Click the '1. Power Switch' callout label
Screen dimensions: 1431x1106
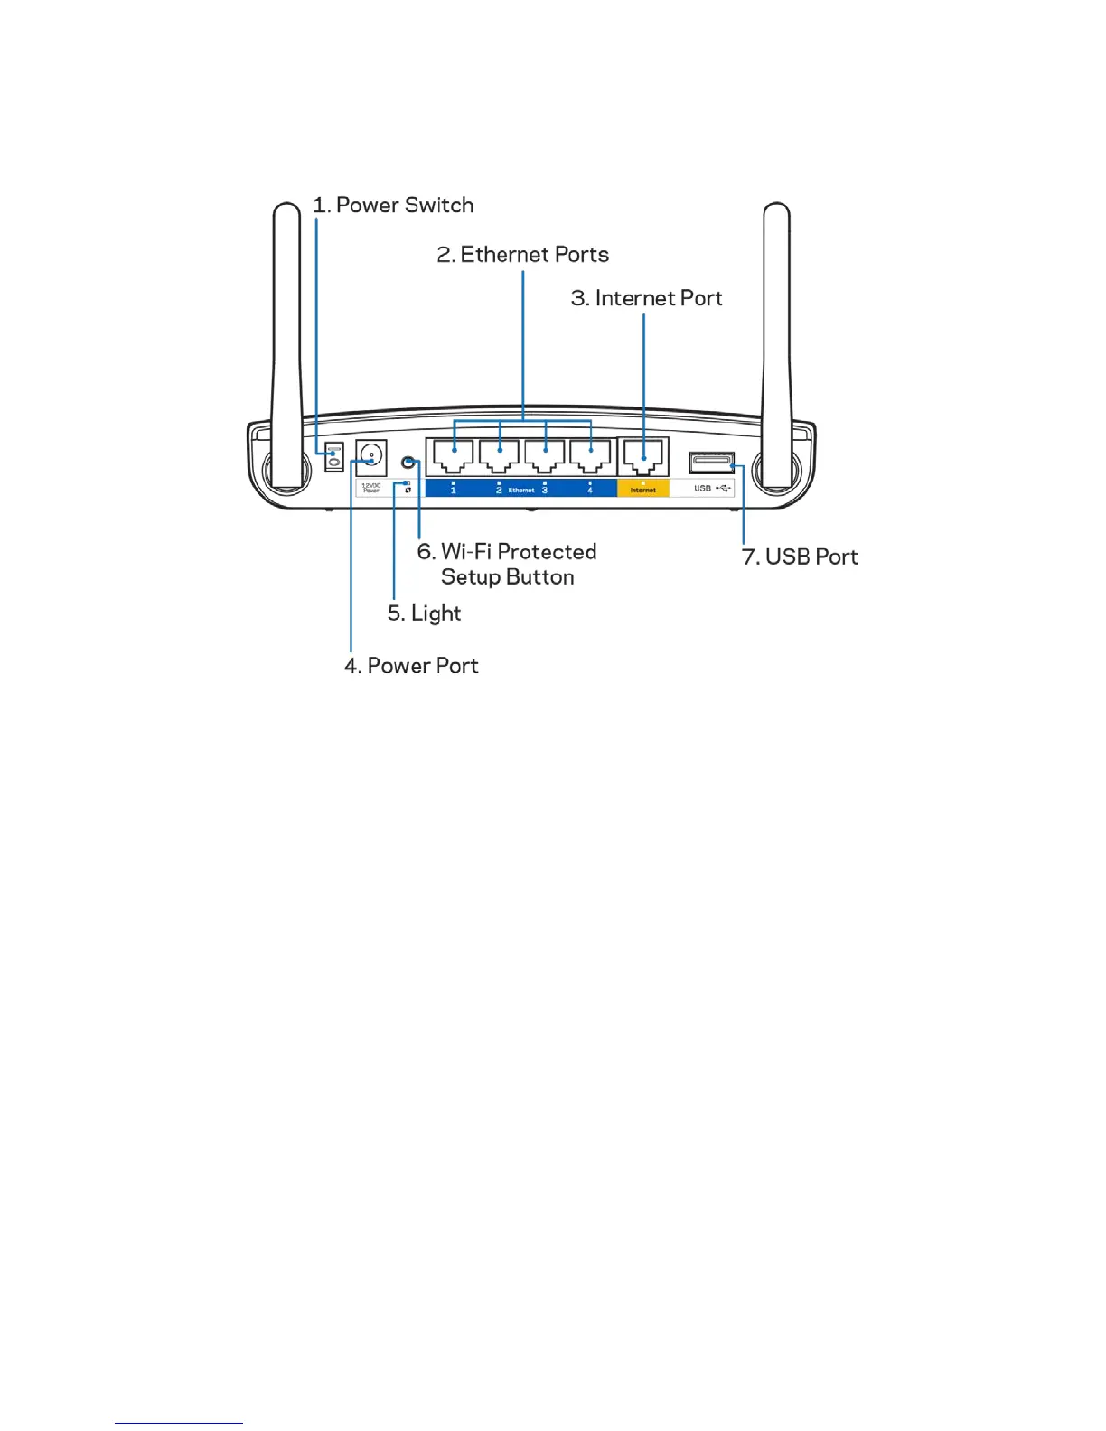[393, 206]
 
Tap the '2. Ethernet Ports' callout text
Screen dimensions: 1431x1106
[522, 255]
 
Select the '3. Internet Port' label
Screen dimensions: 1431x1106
[646, 298]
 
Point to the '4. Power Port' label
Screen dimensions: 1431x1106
[411, 666]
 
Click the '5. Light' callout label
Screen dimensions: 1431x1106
[424, 613]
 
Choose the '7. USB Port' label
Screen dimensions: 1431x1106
[800, 557]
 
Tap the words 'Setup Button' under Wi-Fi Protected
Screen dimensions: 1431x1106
[507, 577]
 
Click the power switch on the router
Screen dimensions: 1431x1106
[333, 456]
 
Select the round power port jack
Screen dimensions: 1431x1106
[370, 456]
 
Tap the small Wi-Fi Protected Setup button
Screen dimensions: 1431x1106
[408, 463]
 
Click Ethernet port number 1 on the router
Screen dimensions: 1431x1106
[453, 455]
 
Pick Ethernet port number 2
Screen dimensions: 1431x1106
[499, 455]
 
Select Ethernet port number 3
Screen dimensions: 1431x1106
[545, 455]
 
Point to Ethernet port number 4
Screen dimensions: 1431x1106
[590, 455]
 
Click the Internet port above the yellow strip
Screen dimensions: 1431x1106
[643, 455]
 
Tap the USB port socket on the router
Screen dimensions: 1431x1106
[711, 463]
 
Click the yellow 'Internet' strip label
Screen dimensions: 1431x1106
[643, 490]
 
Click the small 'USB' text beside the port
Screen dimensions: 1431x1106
[702, 489]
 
